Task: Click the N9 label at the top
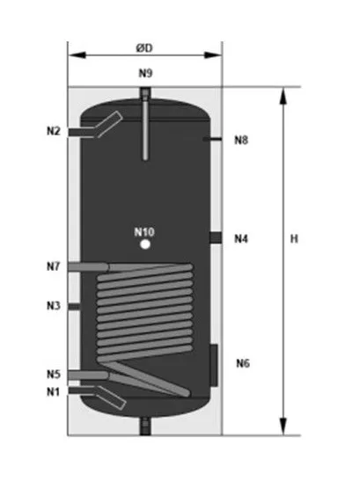(145, 73)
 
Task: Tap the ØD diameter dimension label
(144, 48)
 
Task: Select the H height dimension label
(294, 238)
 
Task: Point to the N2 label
(54, 131)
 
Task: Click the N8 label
(241, 140)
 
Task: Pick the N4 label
(241, 238)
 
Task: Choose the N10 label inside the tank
(144, 232)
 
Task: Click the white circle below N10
(145, 244)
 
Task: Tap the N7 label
(54, 266)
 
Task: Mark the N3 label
(54, 305)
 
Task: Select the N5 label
(54, 374)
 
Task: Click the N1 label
(53, 391)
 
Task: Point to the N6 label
(243, 363)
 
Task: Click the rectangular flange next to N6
(214, 365)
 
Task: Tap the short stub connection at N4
(216, 237)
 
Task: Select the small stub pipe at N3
(74, 307)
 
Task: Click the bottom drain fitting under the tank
(145, 426)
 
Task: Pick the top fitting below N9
(145, 92)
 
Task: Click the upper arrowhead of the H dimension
(283, 97)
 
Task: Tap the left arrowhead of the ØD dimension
(77, 55)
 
